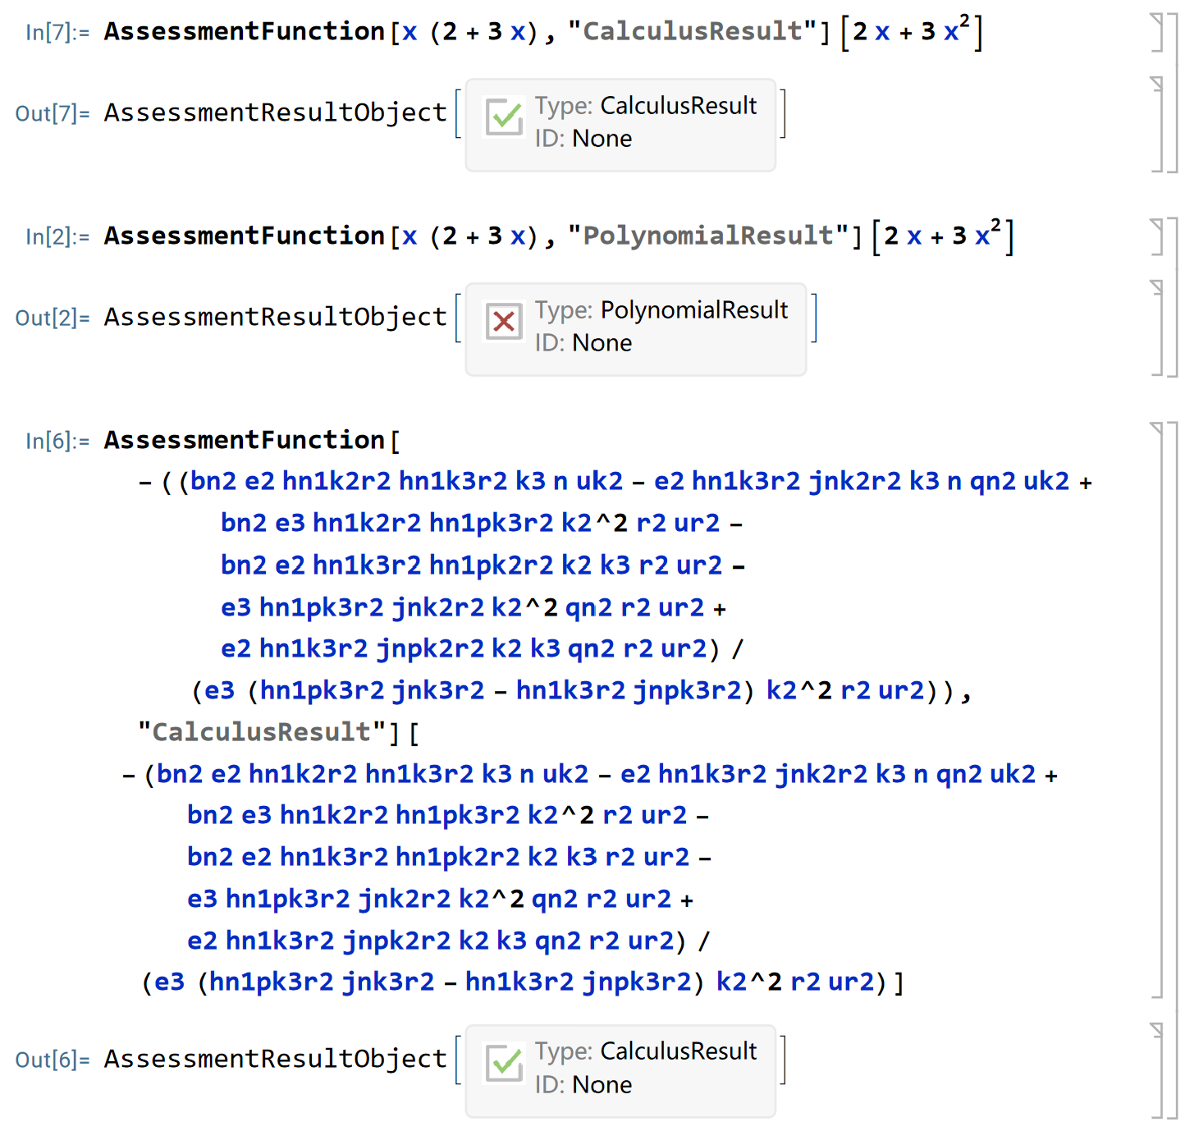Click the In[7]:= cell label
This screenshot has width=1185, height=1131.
point(57,32)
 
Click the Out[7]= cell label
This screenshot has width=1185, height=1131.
point(52,113)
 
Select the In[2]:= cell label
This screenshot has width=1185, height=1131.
point(57,236)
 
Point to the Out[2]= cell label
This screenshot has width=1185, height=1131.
point(52,318)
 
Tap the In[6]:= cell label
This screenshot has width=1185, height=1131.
point(57,441)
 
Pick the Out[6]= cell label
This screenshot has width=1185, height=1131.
point(52,1060)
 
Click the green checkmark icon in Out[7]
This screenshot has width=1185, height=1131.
point(504,117)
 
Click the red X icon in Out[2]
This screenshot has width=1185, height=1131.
point(504,322)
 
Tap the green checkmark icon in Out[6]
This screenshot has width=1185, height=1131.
point(504,1063)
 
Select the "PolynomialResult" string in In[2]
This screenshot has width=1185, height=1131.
point(708,236)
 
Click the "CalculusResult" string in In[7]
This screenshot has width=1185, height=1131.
point(692,32)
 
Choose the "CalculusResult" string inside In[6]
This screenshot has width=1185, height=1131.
point(262,732)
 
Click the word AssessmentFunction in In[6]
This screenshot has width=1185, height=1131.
point(244,441)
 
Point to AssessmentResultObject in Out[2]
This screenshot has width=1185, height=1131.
point(275,318)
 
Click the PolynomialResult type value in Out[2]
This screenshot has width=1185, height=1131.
point(693,310)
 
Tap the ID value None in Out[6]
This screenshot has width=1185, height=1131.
point(602,1085)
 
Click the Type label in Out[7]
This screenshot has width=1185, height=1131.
point(563,106)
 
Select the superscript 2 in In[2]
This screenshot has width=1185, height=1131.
point(995,225)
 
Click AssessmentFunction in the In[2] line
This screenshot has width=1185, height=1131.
point(244,236)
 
